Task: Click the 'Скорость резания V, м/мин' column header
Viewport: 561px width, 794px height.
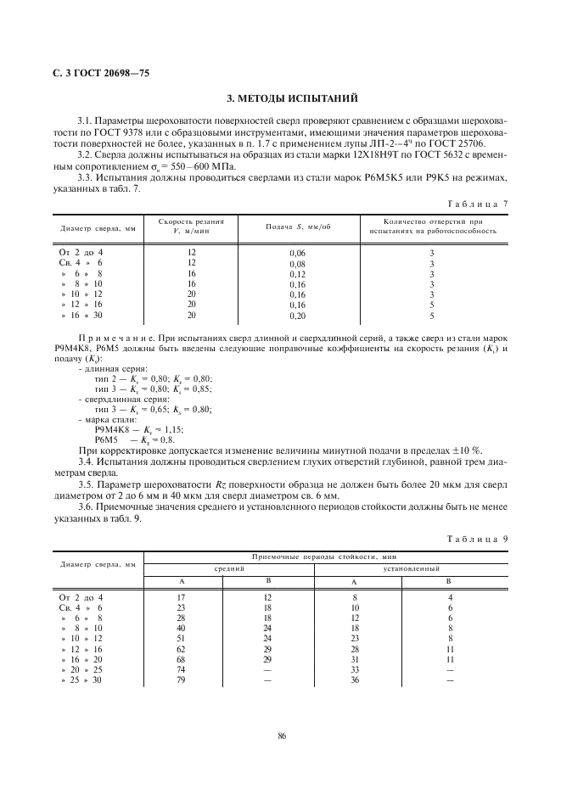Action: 191,226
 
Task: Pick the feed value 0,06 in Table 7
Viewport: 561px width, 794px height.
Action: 297,254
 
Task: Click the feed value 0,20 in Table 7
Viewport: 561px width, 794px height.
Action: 297,316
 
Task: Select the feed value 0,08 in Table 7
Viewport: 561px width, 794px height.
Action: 297,264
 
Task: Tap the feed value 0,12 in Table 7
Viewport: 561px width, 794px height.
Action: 297,274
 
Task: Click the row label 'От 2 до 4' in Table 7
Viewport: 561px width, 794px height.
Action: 81,253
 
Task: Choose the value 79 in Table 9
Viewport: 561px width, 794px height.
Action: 180,679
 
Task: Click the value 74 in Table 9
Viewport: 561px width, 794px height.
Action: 180,669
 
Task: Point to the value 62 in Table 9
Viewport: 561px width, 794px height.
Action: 180,649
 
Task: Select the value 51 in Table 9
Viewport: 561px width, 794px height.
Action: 180,639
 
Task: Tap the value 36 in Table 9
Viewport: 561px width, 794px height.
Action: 355,679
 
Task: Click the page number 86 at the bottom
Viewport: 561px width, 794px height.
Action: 280,736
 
